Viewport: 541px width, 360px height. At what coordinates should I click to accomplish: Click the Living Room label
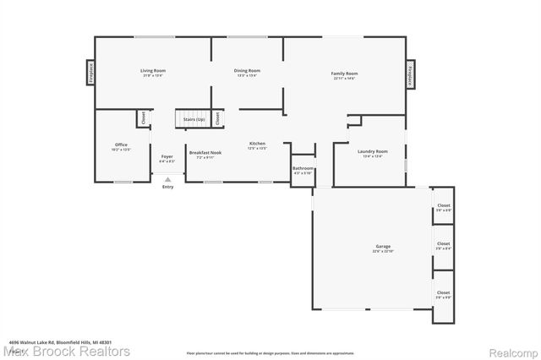tap(152, 71)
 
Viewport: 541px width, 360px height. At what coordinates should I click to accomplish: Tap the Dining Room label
tap(247, 71)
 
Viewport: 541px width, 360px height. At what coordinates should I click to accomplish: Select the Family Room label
tap(344, 74)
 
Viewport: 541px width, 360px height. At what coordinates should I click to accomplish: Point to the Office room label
tap(121, 145)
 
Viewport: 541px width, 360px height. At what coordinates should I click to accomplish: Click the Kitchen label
tap(257, 145)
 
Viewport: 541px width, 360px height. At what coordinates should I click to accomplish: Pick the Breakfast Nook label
tap(205, 153)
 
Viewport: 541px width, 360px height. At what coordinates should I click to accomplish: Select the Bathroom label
tap(303, 168)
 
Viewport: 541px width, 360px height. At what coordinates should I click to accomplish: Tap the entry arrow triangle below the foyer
tap(167, 179)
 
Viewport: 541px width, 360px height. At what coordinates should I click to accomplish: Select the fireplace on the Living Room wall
tap(90, 73)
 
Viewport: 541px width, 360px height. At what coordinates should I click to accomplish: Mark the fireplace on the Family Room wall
tap(411, 73)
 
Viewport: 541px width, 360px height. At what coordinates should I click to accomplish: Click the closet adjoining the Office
tap(144, 118)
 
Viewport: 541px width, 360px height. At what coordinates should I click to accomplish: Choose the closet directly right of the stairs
tap(218, 118)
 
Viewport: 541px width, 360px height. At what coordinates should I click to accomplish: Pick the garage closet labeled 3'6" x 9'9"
tap(443, 294)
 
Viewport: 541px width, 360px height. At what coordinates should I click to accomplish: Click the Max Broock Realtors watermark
tap(65, 351)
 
